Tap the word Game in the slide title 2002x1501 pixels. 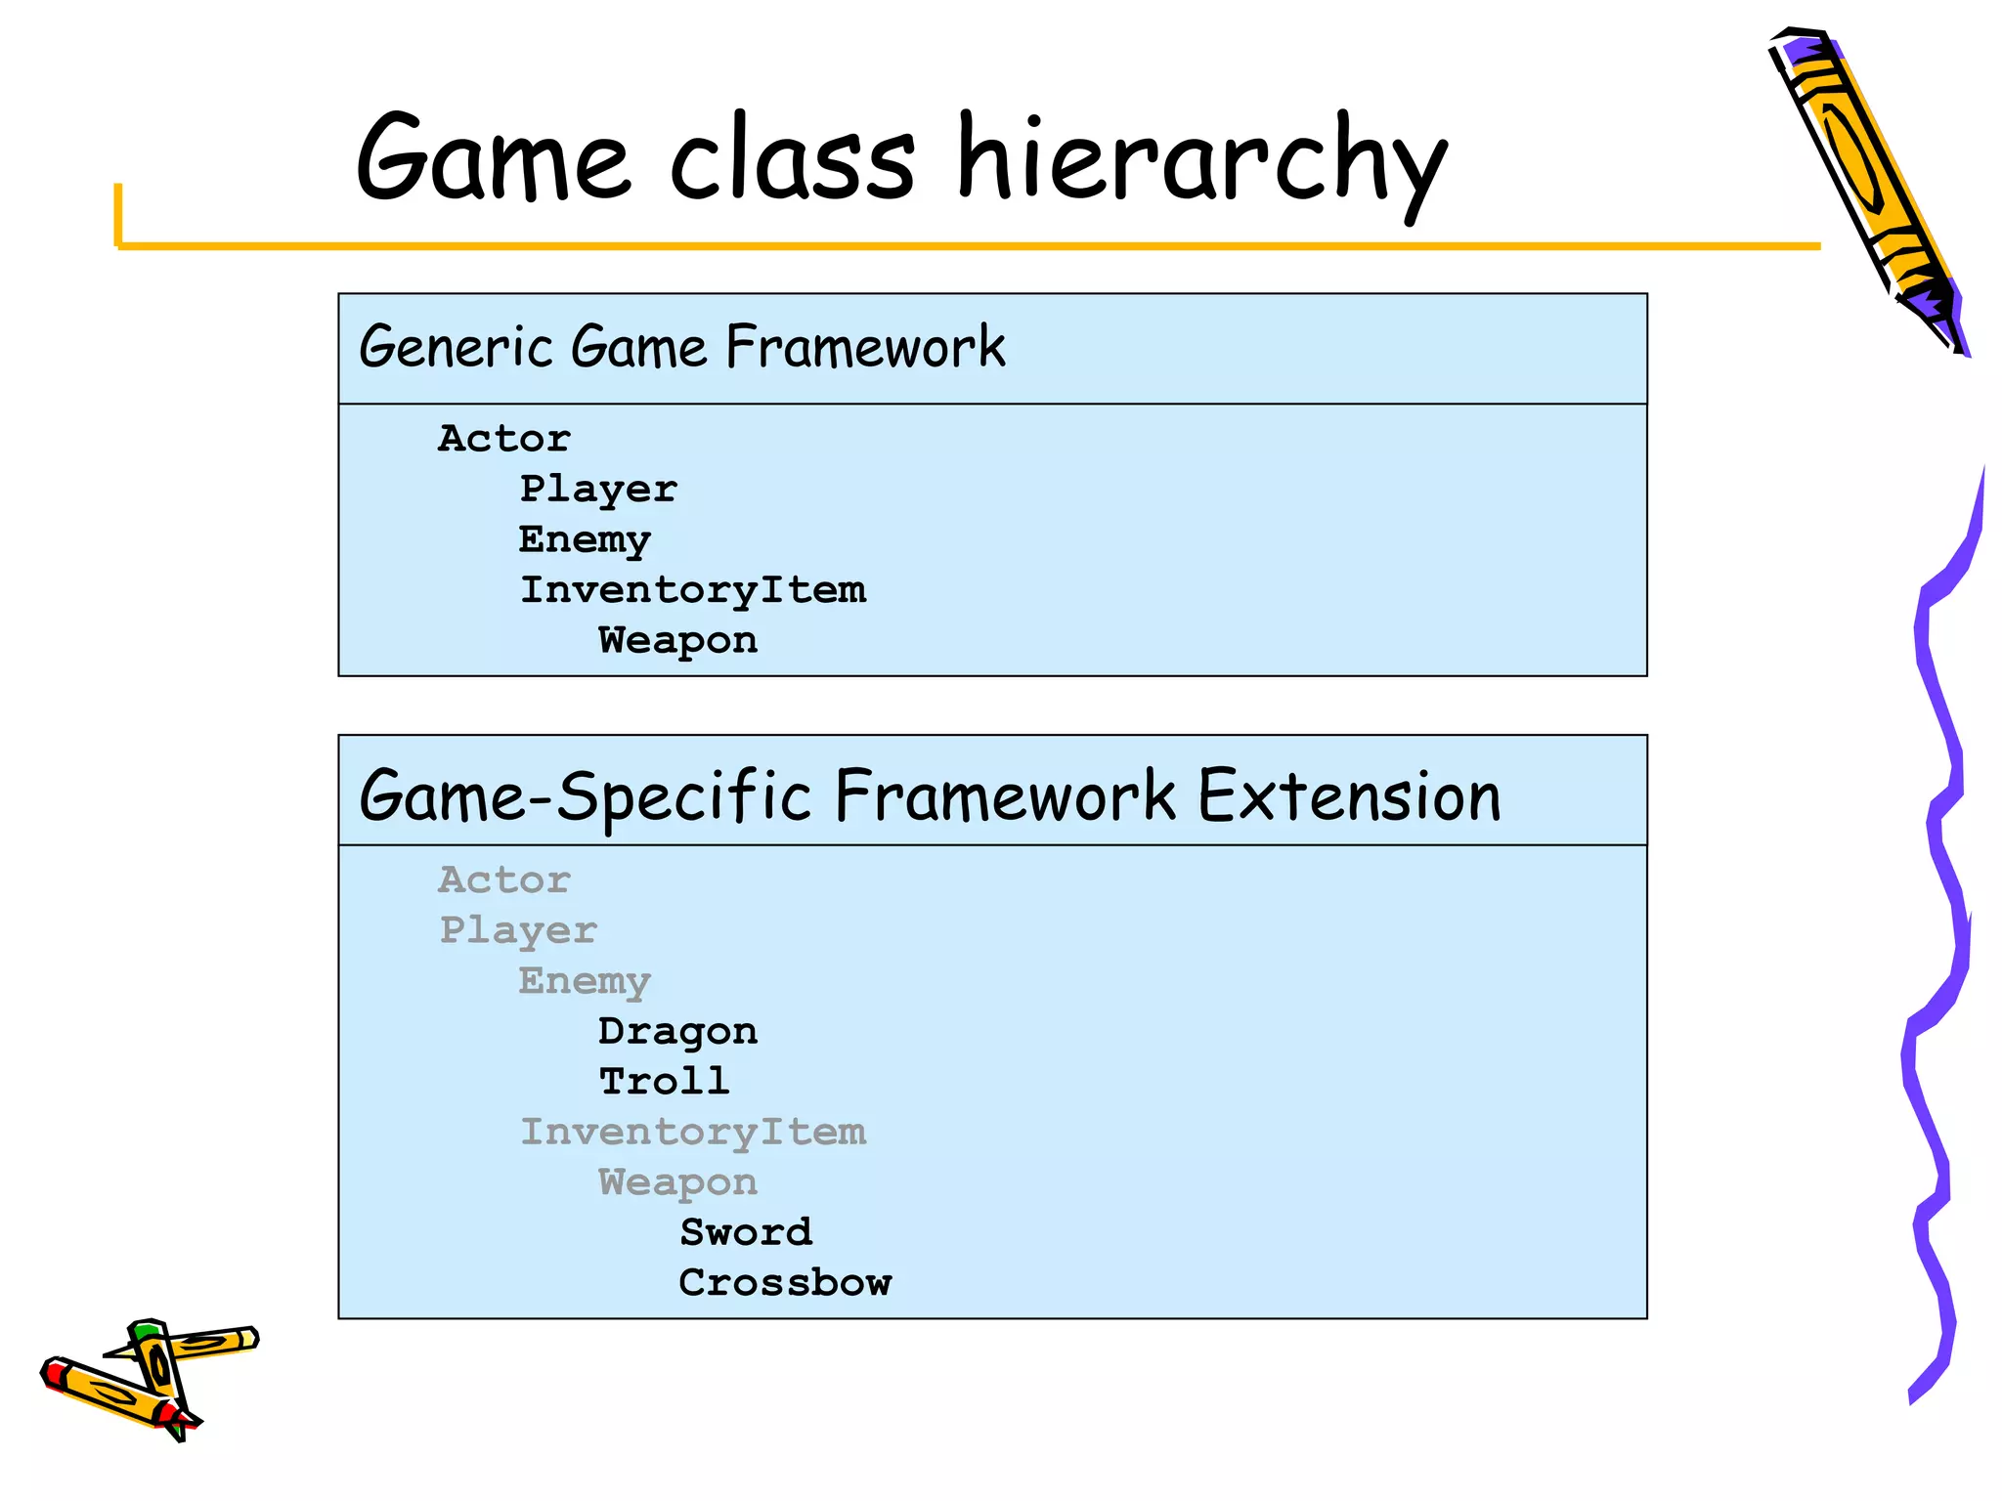tap(493, 158)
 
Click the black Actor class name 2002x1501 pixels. tap(503, 439)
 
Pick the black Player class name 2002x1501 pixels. tap(598, 490)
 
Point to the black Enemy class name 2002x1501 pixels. tap(585, 540)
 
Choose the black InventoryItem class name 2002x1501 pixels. tap(693, 590)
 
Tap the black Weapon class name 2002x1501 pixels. tap(677, 641)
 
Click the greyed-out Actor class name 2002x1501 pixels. tap(503, 880)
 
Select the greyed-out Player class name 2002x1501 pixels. tap(518, 931)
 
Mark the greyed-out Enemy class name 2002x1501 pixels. tap(585, 982)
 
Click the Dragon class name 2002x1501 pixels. tap(677, 1032)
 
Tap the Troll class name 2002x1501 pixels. tap(665, 1082)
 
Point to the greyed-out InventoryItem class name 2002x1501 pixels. tap(693, 1133)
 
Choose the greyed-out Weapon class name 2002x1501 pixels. tap(677, 1183)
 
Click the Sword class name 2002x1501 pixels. tap(746, 1233)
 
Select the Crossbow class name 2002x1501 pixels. tap(785, 1283)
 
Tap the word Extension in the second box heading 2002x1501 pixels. tap(1349, 795)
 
